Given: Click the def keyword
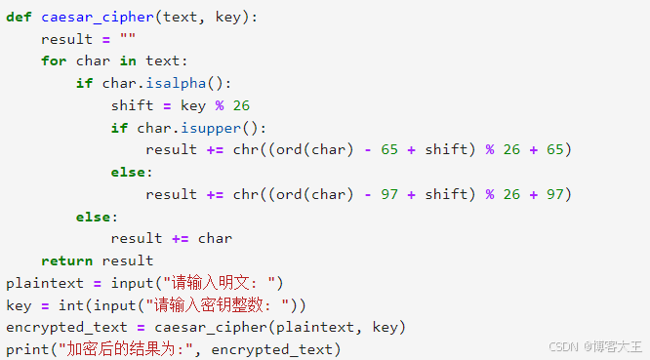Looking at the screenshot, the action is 19,17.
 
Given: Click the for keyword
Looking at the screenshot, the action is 54,60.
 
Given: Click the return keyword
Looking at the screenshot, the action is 66,260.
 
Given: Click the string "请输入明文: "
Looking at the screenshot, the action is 222,283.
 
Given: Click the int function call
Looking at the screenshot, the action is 71,305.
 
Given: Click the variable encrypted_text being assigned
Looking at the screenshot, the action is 66,327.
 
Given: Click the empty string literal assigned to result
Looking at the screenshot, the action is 128,39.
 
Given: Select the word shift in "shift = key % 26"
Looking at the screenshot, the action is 133,105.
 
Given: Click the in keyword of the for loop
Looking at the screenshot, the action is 128,60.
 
